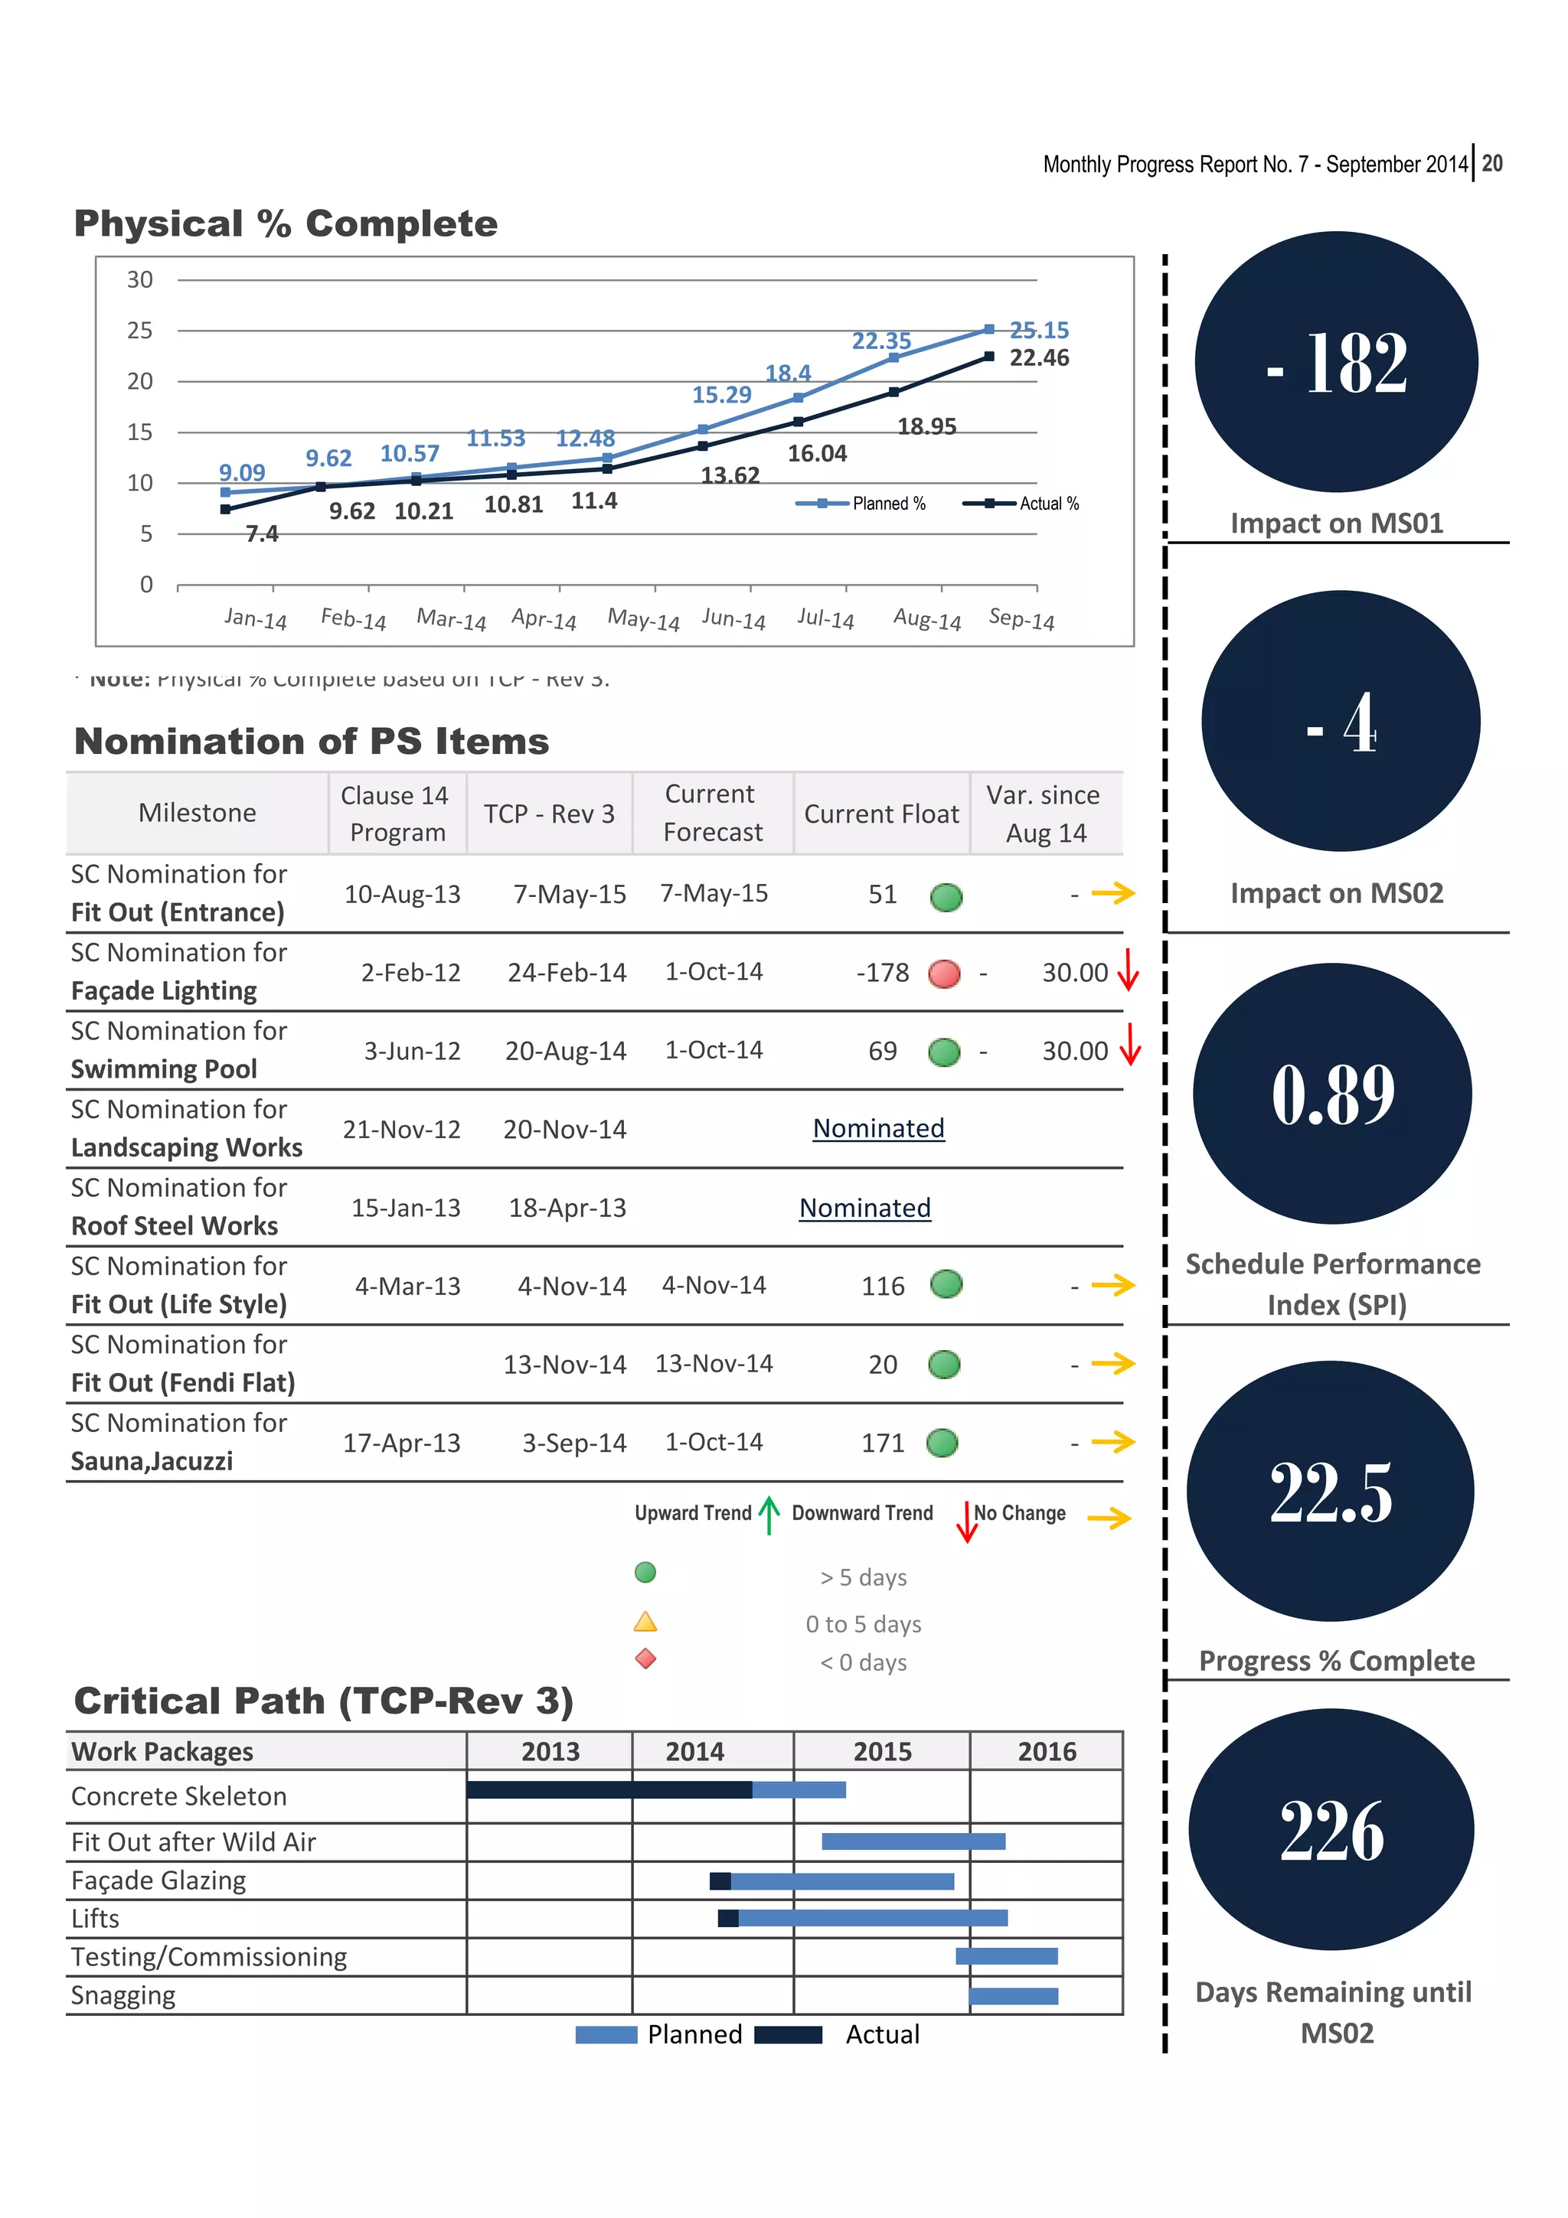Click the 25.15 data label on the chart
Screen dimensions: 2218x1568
[1039, 331]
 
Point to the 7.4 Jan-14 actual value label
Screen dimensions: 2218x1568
[262, 534]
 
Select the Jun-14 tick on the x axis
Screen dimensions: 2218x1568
[733, 619]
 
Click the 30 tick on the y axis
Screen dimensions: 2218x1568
[140, 280]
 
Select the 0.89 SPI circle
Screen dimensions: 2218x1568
[1332, 1094]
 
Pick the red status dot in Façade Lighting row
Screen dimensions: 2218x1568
[944, 974]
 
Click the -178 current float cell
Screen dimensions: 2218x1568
[882, 973]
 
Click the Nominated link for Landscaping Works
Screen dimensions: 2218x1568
[878, 1128]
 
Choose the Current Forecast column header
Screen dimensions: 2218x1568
[712, 813]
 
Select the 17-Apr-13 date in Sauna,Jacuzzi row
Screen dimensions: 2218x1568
[401, 1443]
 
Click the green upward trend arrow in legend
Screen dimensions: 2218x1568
[769, 1515]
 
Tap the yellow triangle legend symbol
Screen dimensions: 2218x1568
[645, 1622]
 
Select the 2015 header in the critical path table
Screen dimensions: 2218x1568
[881, 1751]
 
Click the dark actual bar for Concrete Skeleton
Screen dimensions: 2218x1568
[609, 1790]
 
